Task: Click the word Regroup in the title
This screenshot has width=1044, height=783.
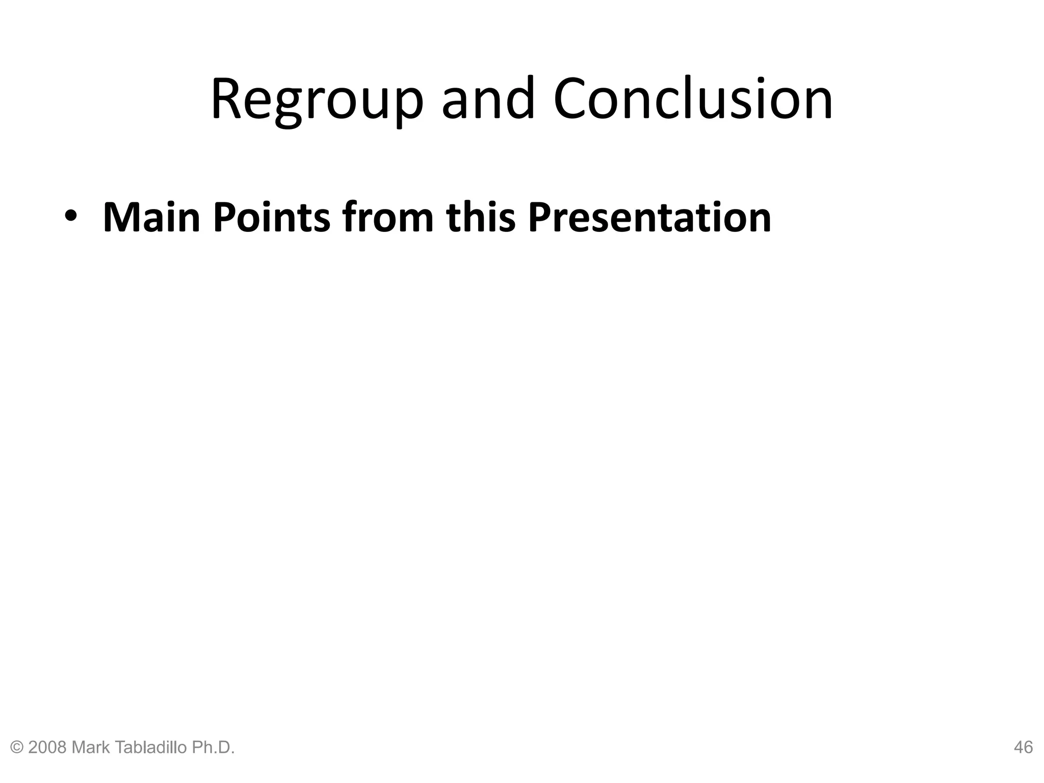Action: pos(316,99)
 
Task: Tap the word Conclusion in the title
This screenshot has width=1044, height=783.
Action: pos(693,99)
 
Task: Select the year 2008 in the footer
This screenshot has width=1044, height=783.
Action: pos(47,748)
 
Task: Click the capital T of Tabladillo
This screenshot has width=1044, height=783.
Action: pos(115,748)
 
